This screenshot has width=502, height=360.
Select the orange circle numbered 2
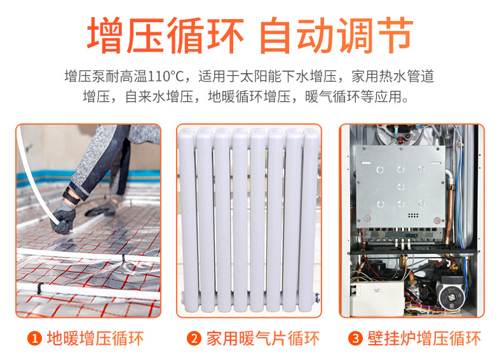click(193, 338)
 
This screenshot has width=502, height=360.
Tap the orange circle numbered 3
click(356, 338)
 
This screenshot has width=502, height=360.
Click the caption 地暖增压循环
click(95, 338)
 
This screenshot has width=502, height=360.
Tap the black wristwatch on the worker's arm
click(71, 195)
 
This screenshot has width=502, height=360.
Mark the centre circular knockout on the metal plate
click(400, 186)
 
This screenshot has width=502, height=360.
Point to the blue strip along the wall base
click(44, 176)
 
